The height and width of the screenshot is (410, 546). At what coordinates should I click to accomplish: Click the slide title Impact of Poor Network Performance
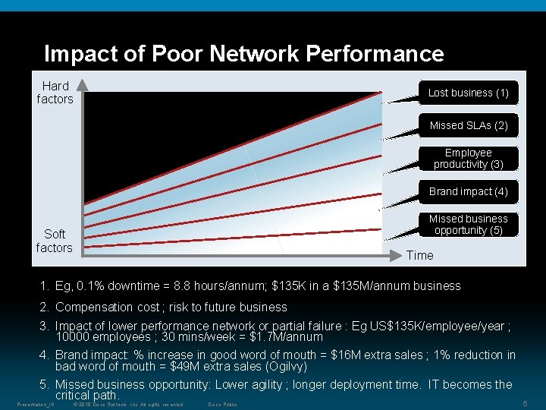pos(243,54)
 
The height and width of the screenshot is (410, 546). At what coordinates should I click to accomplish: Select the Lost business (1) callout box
pos(468,93)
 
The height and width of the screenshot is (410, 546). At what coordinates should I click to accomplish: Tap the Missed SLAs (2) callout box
pos(468,125)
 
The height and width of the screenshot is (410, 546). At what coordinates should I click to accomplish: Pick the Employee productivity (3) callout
pos(468,158)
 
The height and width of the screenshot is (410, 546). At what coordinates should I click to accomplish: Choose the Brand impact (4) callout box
pos(468,191)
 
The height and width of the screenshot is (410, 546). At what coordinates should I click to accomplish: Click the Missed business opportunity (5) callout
pos(468,225)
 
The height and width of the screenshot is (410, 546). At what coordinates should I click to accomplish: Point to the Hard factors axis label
pos(55,93)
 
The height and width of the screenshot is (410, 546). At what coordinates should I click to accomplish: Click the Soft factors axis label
pos(55,241)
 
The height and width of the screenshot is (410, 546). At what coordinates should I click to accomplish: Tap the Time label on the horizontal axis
pos(419,255)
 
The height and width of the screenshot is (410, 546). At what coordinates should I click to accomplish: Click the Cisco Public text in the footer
pos(222,404)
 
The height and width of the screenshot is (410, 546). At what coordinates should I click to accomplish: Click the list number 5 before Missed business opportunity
pos(45,384)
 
